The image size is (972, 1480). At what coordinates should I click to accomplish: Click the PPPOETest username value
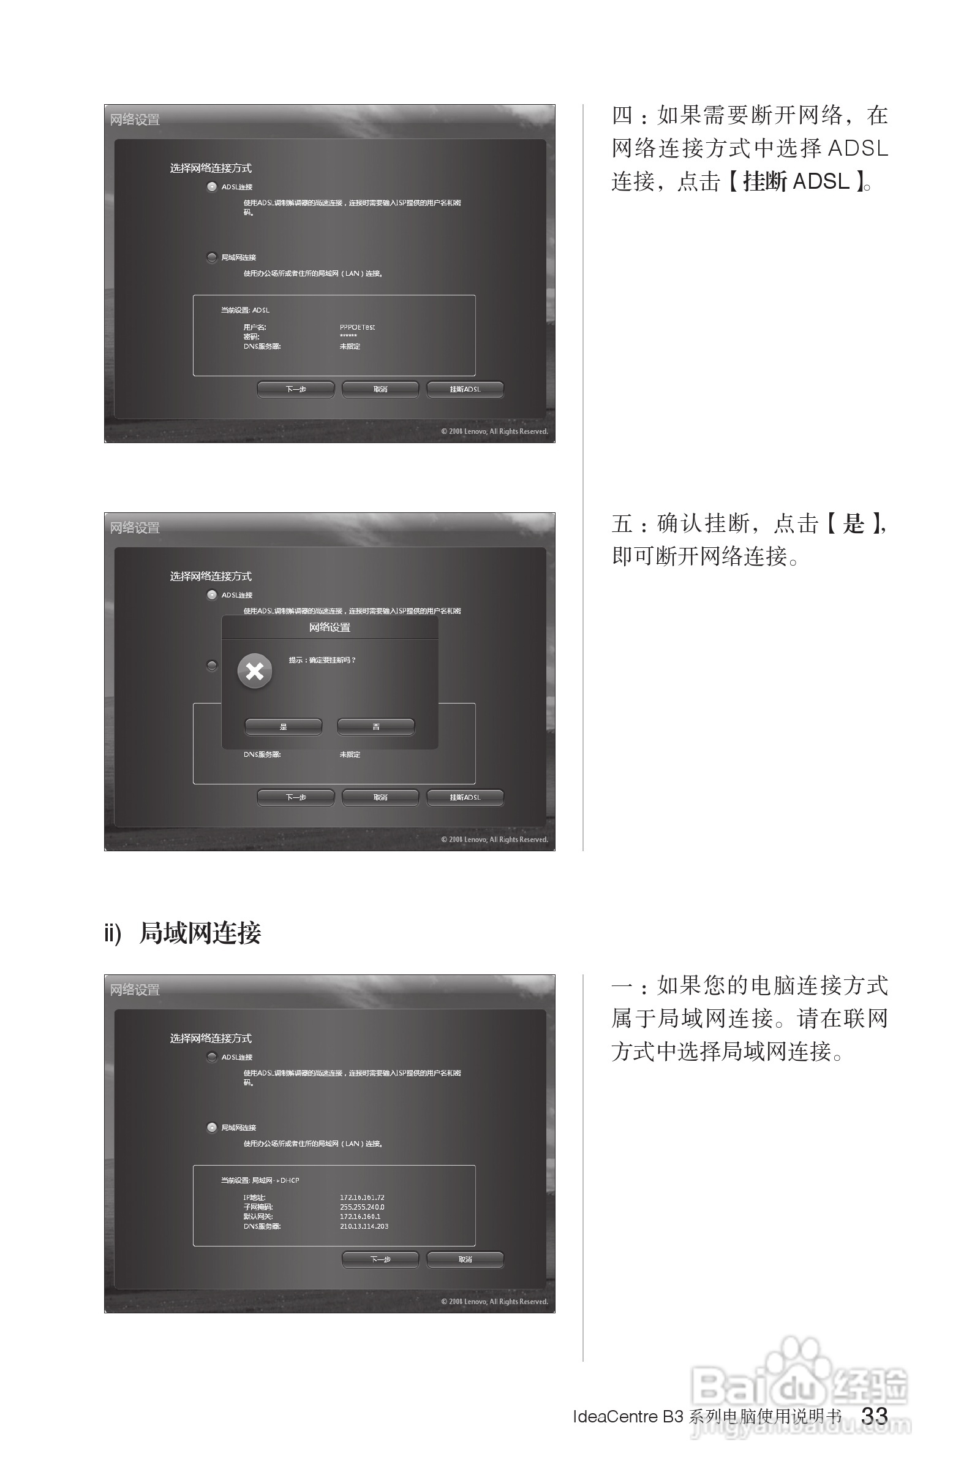tap(357, 327)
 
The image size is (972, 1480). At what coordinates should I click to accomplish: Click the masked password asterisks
tap(348, 336)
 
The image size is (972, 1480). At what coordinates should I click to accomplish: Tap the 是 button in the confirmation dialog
tap(284, 726)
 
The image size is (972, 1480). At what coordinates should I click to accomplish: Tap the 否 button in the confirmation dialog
tap(375, 726)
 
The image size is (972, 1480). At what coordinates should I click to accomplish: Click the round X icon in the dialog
tap(255, 671)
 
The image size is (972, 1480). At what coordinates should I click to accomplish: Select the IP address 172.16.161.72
tap(362, 1197)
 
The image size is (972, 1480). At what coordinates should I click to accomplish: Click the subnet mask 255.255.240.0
tap(362, 1207)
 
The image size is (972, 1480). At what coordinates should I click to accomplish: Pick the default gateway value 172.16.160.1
tap(360, 1216)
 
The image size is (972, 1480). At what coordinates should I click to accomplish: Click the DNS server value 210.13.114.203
tap(364, 1226)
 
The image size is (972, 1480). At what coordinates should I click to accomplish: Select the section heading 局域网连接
tap(200, 933)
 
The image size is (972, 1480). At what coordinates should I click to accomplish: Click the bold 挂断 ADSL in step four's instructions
tap(796, 181)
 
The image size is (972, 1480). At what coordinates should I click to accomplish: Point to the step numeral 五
tap(622, 523)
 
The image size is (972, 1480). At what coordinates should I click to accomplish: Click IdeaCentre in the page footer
tap(615, 1417)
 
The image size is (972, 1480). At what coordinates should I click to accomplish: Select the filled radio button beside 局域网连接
tap(212, 1128)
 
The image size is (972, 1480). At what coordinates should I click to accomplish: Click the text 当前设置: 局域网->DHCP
tap(260, 1180)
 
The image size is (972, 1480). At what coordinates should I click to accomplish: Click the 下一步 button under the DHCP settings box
tap(380, 1259)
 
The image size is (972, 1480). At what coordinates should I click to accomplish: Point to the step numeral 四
tap(622, 116)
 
